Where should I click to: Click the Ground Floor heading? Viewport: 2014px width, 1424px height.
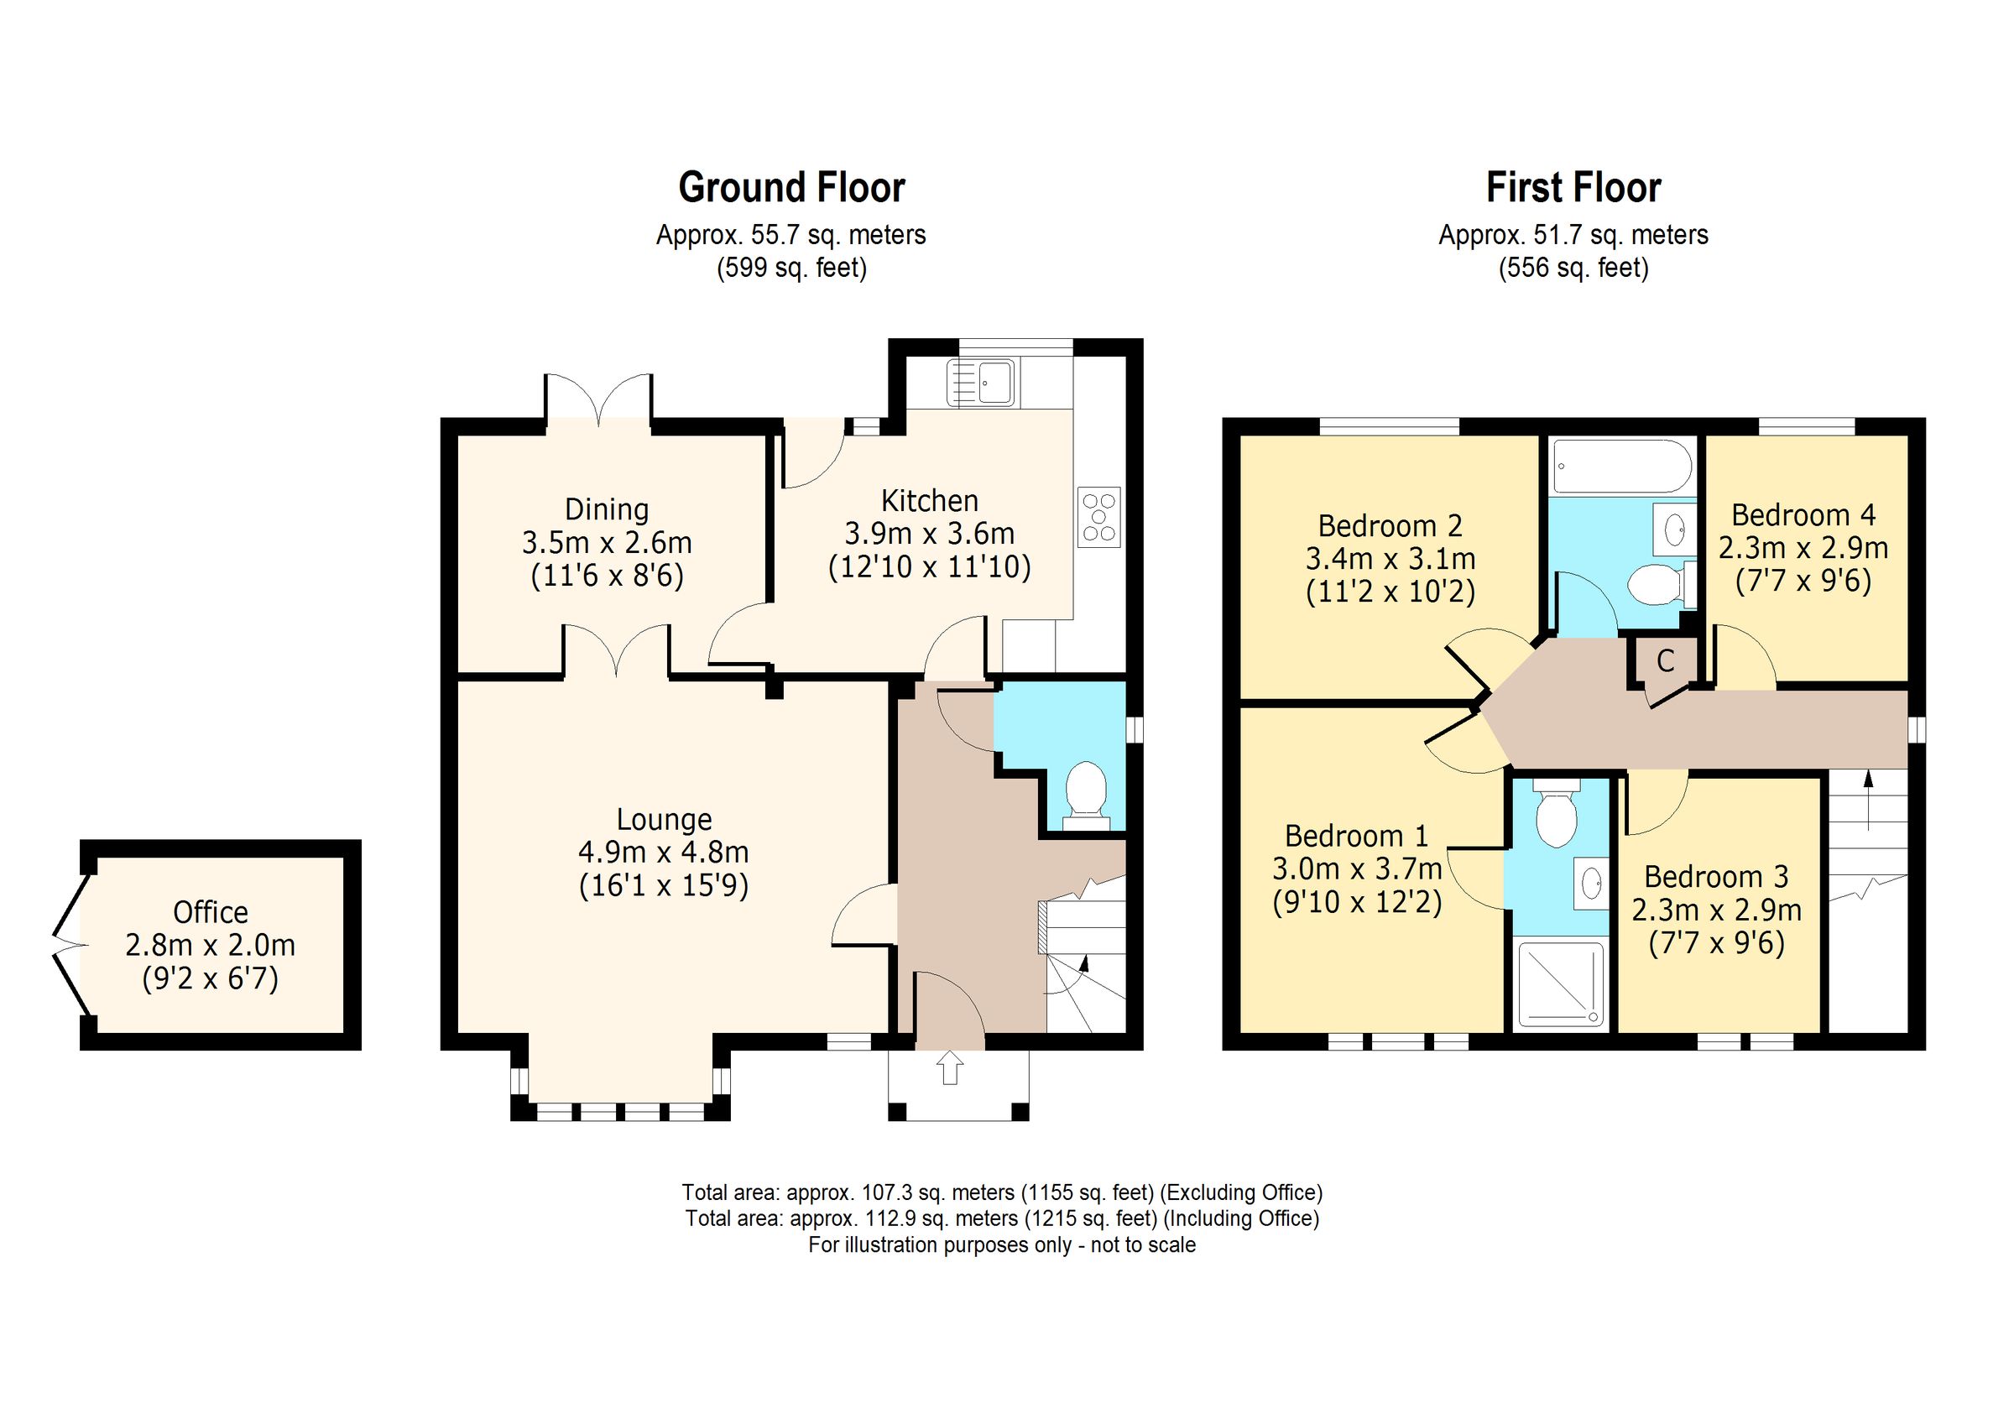pos(791,188)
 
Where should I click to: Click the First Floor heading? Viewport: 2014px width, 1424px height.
pos(1573,188)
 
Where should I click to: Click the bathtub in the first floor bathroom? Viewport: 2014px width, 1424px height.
pos(1622,467)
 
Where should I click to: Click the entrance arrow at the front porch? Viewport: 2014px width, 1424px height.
pos(950,1069)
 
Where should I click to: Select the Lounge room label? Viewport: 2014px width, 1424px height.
pos(664,820)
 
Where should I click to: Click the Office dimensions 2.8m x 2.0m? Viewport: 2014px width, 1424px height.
pos(211,946)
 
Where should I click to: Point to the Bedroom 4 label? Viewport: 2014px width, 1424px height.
pos(1803,515)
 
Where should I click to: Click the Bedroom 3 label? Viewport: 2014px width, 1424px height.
pos(1716,877)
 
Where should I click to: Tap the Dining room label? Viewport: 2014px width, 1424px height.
pos(607,509)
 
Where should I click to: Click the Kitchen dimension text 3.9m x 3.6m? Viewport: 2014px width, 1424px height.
pos(929,534)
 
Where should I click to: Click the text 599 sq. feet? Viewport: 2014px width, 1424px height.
pos(791,268)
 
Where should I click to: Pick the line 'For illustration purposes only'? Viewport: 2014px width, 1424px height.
pos(1001,1245)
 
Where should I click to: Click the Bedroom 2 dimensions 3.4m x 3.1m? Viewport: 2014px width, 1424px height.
pos(1390,559)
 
